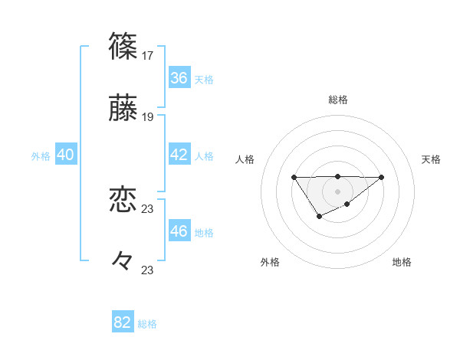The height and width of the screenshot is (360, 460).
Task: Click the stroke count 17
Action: coord(149,55)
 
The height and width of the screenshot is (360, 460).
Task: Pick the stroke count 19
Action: coord(149,117)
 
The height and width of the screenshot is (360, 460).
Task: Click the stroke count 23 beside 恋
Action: coord(149,208)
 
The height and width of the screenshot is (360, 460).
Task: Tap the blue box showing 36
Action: coord(179,78)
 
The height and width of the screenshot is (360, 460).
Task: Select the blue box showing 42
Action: coord(179,155)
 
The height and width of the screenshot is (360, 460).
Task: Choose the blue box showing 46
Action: coord(179,231)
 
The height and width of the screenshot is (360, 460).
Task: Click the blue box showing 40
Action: coord(66,155)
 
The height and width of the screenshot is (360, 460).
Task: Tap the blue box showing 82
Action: coord(123,322)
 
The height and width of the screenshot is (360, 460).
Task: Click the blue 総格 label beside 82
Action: coord(147,324)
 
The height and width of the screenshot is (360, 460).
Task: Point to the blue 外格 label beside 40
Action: coord(41,156)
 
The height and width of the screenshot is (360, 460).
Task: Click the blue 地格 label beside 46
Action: coord(204,233)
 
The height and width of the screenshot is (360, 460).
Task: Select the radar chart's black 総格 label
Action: coord(337,100)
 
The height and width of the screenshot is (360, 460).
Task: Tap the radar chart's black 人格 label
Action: coord(245,159)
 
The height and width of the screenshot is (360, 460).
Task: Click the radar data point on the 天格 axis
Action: coord(382,178)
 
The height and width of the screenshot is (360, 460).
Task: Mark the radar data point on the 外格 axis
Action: coord(320,217)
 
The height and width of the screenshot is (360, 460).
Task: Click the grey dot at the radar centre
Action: coord(337,191)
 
